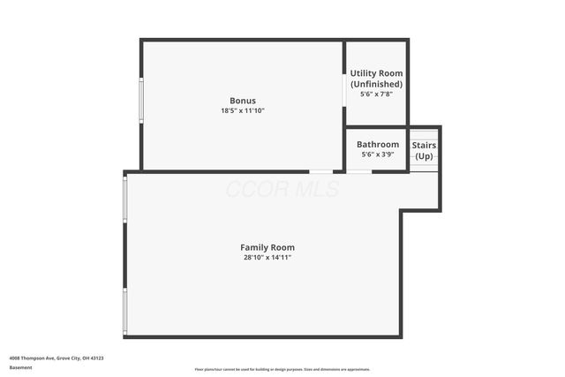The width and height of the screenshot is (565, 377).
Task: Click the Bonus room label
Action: tap(243, 101)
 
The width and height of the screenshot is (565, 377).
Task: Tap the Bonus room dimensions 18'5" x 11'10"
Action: tap(243, 111)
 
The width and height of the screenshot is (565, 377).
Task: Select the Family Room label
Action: tap(267, 247)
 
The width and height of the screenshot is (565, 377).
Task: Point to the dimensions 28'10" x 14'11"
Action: tap(267, 258)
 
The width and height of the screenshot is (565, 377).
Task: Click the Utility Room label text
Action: tap(376, 73)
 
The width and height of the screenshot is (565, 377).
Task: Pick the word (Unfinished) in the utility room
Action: tap(376, 84)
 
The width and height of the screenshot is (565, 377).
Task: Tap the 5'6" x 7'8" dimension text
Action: tap(376, 94)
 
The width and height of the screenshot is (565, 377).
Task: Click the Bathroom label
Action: tap(378, 144)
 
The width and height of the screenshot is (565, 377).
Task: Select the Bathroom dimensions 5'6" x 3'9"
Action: tap(378, 155)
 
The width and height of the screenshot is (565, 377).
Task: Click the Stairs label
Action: tap(425, 145)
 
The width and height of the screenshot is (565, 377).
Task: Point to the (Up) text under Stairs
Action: tap(425, 155)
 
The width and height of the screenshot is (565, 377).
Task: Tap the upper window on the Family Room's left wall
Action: tap(125, 199)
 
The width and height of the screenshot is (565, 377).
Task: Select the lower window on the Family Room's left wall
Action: tap(125, 311)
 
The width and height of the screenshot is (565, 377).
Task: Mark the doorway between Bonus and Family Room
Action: tap(320, 171)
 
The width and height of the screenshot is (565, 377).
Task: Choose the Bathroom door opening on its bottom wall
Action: tap(358, 171)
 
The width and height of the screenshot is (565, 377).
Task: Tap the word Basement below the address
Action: tap(20, 367)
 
